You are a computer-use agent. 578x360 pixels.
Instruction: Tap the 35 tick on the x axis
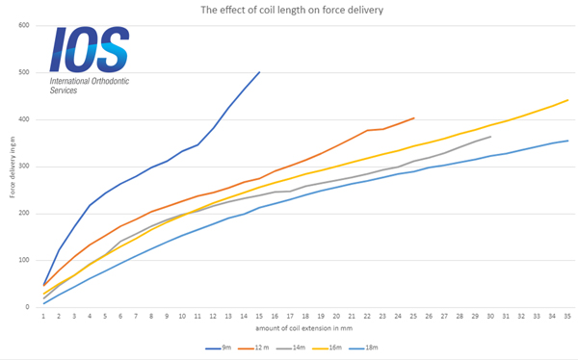567,316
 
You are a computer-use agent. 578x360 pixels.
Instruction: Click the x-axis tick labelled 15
259,316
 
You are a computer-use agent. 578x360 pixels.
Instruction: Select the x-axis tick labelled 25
413,316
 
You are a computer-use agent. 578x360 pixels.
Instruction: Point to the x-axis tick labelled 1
43,316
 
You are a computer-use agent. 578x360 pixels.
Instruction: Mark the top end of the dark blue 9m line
259,71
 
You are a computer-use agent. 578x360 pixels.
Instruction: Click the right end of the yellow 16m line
567,100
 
